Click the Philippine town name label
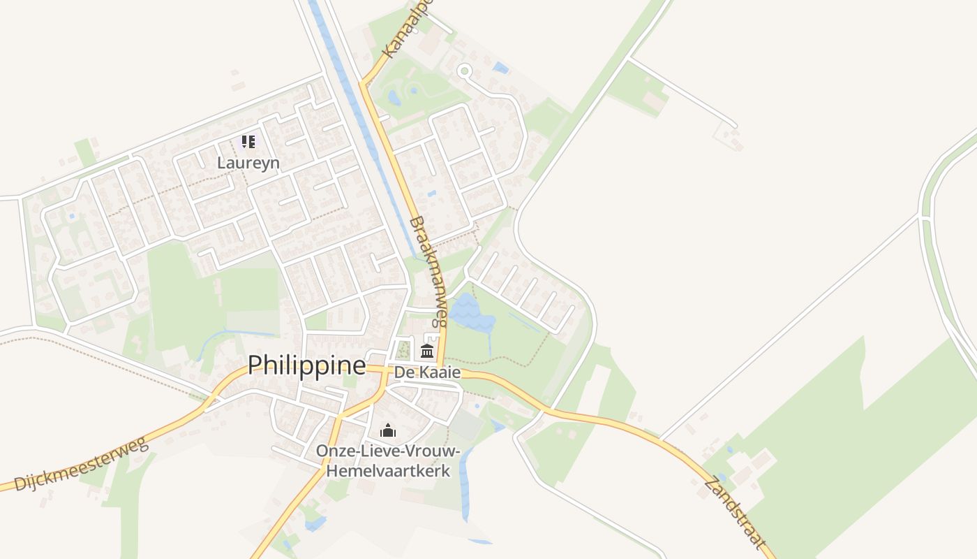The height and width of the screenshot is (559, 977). (306, 365)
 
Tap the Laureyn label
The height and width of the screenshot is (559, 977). (248, 163)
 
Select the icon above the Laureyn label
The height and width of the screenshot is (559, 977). (248, 143)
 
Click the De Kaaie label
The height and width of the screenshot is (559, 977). (427, 372)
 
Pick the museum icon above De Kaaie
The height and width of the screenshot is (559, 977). (427, 350)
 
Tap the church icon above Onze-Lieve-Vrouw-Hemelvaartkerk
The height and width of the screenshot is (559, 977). (388, 430)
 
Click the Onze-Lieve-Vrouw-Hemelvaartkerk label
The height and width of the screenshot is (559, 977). (387, 460)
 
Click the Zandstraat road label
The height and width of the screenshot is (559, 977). (734, 512)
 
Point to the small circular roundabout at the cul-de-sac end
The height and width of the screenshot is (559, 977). (464, 71)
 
